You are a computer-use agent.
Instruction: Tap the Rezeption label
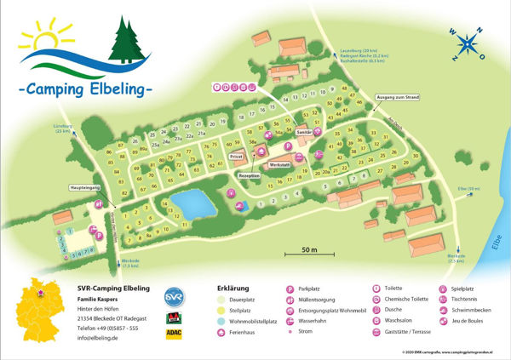tap(249, 174)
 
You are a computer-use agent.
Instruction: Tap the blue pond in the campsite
tap(189, 203)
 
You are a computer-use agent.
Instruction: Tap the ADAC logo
tap(174, 334)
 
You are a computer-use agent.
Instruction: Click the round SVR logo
tap(174, 295)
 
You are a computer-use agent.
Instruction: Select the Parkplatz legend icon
tap(290, 289)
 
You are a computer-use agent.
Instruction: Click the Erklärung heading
tap(233, 288)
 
